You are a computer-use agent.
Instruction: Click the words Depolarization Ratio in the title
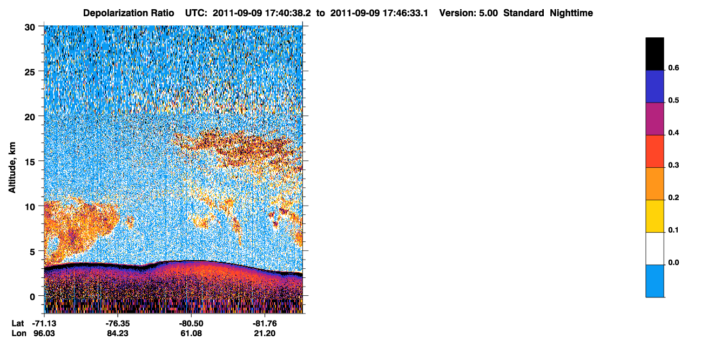[129, 13]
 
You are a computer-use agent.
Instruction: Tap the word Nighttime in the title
[571, 13]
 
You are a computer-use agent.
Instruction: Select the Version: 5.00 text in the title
[468, 13]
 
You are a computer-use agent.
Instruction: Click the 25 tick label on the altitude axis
[30, 72]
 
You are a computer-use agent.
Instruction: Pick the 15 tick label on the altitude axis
[30, 162]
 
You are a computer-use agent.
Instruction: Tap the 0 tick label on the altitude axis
[32, 297]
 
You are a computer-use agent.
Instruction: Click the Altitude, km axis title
[12, 167]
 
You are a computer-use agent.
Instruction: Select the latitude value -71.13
[44, 323]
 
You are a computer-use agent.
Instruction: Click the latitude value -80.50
[191, 323]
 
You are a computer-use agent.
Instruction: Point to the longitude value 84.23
[118, 333]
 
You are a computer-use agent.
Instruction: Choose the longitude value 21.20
[265, 333]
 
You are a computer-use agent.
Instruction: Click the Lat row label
[17, 323]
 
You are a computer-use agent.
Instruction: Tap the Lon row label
[19, 333]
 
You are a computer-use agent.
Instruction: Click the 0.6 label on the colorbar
[673, 67]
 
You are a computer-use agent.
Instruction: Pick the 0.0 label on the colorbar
[673, 262]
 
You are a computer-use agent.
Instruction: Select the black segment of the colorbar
[654, 54]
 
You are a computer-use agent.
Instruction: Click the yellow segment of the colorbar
[654, 216]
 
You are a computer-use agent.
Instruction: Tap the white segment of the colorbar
[654, 249]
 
